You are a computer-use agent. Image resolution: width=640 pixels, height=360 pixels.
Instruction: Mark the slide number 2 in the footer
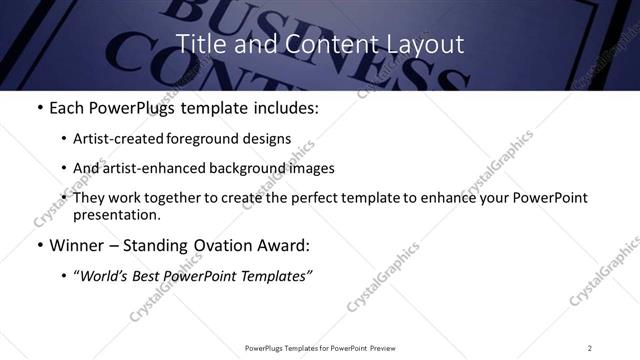[x=590, y=347]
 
